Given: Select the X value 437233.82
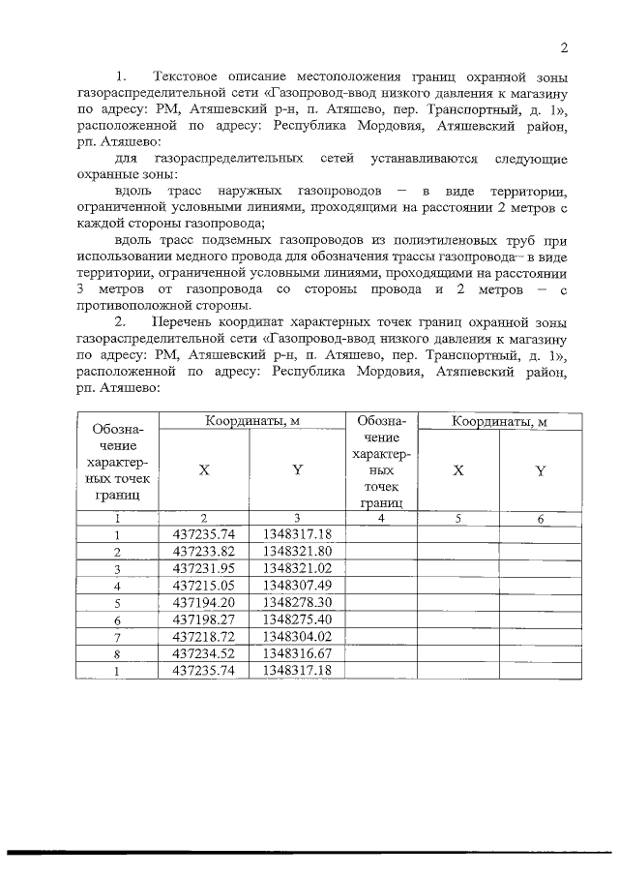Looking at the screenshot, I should (x=203, y=551).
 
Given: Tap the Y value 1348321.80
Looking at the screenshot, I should (x=297, y=551).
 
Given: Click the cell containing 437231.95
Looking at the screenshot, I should (x=203, y=568).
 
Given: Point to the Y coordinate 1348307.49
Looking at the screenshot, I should (x=297, y=585).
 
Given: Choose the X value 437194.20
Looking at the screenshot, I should (x=203, y=602).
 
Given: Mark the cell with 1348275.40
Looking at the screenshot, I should (x=297, y=619).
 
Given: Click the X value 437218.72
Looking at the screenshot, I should (x=203, y=636).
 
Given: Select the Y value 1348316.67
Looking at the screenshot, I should (x=297, y=652).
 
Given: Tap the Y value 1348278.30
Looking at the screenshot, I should (x=297, y=602).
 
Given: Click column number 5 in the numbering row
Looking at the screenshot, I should (x=458, y=519).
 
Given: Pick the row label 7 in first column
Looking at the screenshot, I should (x=117, y=637).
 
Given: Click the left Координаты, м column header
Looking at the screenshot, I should (x=251, y=421).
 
